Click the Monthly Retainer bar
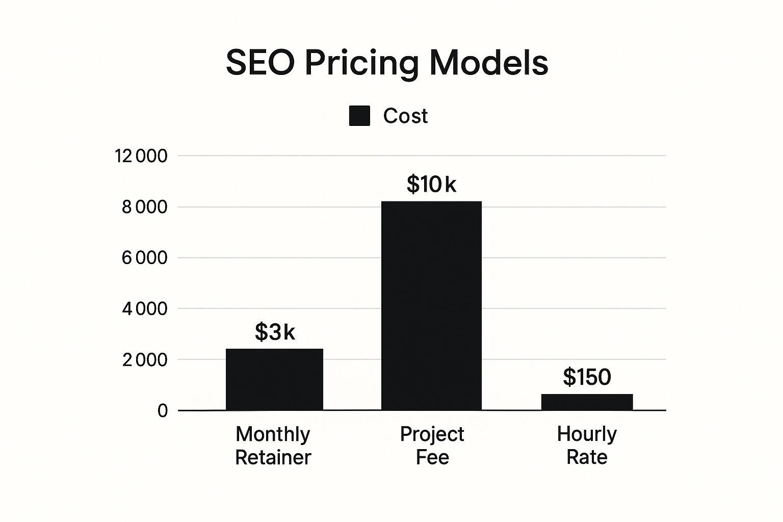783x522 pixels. click(274, 379)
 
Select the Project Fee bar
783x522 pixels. click(431, 305)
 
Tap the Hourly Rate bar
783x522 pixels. click(587, 402)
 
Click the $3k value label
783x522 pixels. click(275, 332)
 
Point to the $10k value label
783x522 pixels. click(431, 185)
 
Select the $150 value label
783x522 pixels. click(587, 377)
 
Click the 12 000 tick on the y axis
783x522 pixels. click(141, 156)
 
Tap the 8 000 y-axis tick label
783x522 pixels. click(144, 207)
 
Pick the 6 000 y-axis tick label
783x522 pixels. click(144, 258)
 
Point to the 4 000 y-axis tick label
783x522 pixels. click(144, 309)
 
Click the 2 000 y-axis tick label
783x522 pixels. click(144, 360)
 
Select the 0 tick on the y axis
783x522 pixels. click(162, 411)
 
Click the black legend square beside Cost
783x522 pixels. click(359, 116)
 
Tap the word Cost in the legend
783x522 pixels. click(405, 116)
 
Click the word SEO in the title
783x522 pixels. click(260, 63)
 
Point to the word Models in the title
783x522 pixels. click(489, 63)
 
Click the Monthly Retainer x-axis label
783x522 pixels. click(273, 446)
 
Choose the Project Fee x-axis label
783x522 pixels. click(432, 446)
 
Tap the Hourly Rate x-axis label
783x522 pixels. click(587, 446)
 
